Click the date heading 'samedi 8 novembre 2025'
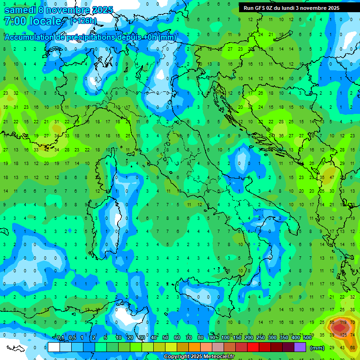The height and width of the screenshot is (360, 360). (x=59, y=10)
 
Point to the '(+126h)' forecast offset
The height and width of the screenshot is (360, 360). (x=83, y=21)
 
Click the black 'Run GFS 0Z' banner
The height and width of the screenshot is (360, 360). (x=298, y=8)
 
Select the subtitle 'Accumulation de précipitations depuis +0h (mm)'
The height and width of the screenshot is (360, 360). (x=90, y=37)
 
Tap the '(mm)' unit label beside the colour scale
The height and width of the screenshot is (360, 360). (x=317, y=348)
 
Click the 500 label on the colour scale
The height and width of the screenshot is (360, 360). (x=307, y=338)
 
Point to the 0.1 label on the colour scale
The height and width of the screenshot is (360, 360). (x=60, y=338)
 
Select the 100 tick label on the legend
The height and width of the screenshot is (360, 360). (x=225, y=338)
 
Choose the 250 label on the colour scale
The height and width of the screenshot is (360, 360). (x=261, y=338)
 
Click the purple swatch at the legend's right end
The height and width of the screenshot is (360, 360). (x=300, y=347)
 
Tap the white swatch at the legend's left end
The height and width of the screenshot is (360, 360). (x=54, y=347)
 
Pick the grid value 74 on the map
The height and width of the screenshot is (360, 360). (x=352, y=335)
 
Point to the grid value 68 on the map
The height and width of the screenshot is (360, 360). (x=352, y=347)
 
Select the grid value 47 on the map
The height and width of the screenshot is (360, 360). (x=332, y=178)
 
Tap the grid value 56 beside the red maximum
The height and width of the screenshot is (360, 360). (x=332, y=322)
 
